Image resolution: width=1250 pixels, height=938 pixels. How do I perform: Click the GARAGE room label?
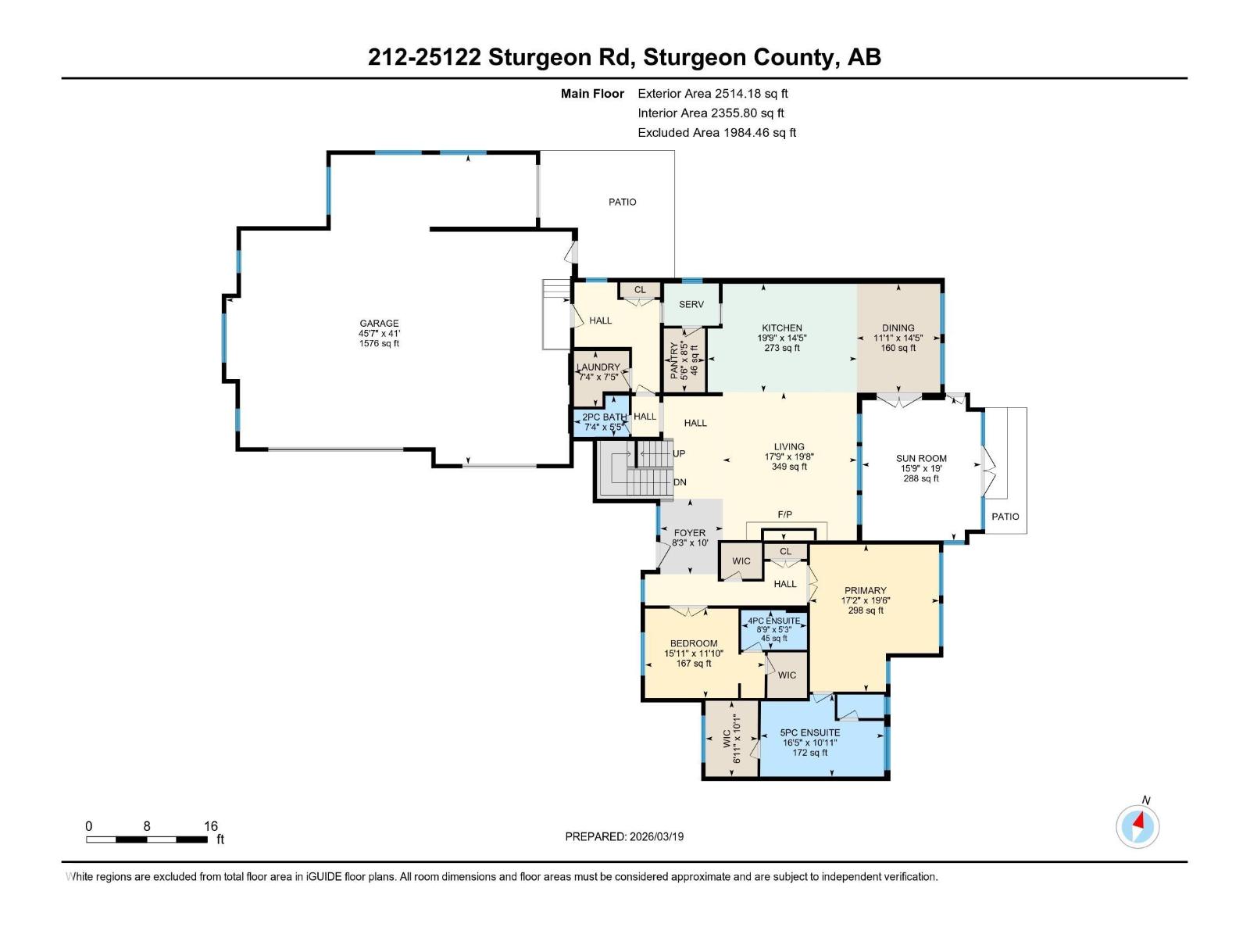tap(379, 323)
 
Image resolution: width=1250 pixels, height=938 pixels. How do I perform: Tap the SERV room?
tap(691, 304)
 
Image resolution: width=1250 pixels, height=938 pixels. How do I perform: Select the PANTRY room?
tap(684, 360)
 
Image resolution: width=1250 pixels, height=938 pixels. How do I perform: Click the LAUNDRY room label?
tap(598, 367)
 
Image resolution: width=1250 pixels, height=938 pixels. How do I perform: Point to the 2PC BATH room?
tap(604, 422)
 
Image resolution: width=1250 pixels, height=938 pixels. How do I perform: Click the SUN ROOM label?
tap(921, 459)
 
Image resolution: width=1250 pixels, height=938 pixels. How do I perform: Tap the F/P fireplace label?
tap(785, 514)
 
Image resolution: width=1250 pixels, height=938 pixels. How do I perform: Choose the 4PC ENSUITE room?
tap(773, 629)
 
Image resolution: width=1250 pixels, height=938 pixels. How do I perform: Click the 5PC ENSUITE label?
tap(810, 732)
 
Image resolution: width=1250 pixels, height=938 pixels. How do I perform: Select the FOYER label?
tap(689, 533)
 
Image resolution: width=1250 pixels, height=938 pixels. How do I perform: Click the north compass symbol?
tap(1137, 826)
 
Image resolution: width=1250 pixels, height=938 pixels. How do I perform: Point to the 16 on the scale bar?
tap(210, 825)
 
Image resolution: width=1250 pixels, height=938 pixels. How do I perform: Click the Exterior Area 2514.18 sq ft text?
tap(712, 93)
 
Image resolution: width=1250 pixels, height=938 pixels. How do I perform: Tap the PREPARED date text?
tap(624, 836)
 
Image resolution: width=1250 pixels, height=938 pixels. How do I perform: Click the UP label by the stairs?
tap(679, 453)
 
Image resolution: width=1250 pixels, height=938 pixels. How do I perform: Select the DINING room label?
tap(898, 328)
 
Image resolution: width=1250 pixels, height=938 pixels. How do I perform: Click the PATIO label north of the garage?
tap(623, 202)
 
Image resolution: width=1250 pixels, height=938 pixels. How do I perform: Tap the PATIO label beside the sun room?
tap(1005, 516)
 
